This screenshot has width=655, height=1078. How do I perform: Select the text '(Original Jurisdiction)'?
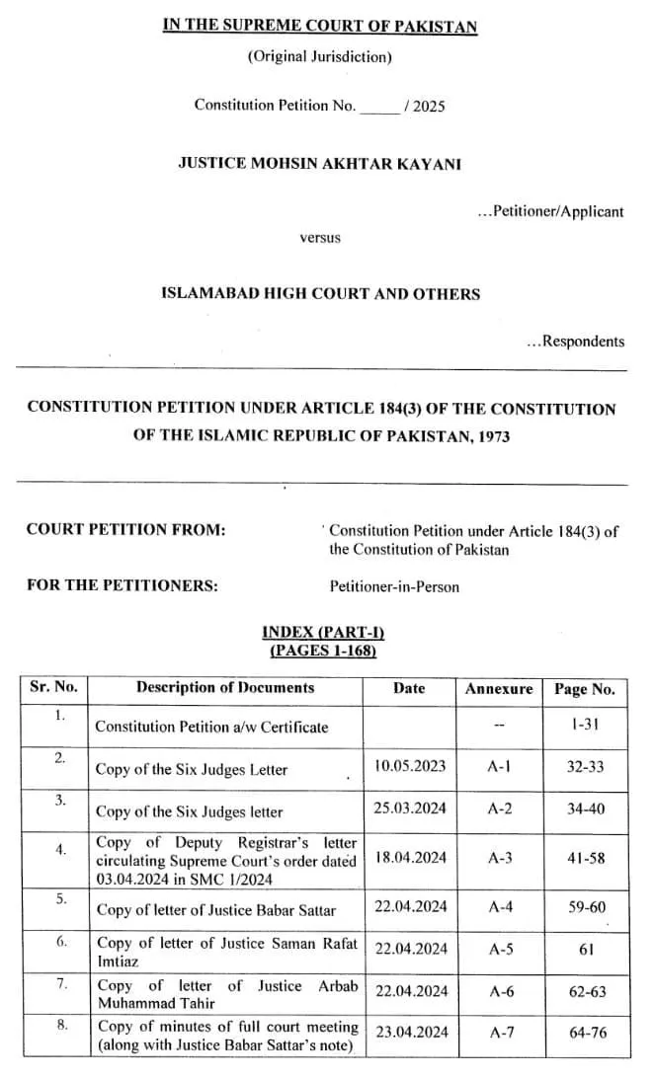(x=320, y=56)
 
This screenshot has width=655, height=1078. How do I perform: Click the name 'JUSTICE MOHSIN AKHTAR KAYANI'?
(x=319, y=163)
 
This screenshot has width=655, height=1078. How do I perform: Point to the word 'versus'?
(x=320, y=238)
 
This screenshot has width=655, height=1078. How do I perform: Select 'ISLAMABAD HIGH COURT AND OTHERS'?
(x=320, y=293)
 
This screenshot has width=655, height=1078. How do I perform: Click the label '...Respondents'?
(x=576, y=342)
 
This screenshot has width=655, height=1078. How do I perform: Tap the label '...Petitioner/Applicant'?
(x=550, y=211)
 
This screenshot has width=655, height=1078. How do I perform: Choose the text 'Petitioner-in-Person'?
(x=394, y=586)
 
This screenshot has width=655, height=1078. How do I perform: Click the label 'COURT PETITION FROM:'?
(x=126, y=530)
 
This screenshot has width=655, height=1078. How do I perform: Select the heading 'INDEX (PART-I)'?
(x=322, y=633)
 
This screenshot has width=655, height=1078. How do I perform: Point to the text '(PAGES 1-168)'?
(x=322, y=651)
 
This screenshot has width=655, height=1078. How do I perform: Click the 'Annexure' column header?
(x=499, y=689)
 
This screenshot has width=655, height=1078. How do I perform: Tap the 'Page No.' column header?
(x=585, y=689)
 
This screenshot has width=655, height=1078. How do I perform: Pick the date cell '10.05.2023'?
(x=411, y=765)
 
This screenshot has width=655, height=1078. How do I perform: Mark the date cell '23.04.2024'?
(x=411, y=1033)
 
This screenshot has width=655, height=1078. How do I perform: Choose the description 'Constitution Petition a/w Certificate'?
(x=211, y=727)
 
